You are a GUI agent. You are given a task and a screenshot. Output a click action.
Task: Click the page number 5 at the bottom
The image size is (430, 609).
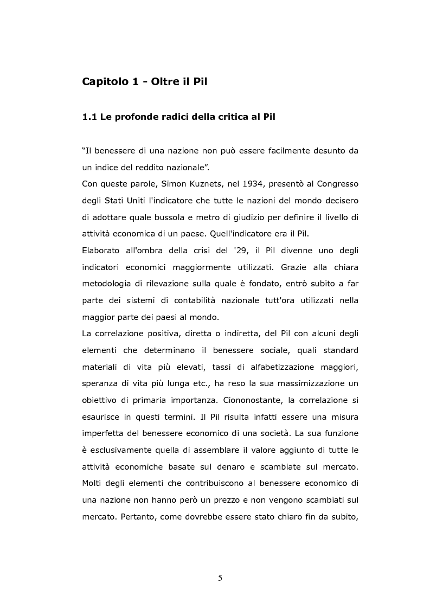pyautogui.click(x=220, y=578)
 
